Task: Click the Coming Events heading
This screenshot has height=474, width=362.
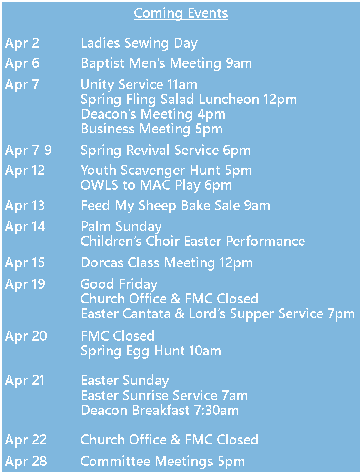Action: [181, 14]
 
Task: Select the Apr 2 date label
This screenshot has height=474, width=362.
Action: [22, 43]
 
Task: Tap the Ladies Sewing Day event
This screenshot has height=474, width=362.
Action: [139, 43]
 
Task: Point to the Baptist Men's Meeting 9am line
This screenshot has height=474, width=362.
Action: [167, 64]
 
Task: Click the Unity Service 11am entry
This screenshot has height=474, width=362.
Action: [139, 85]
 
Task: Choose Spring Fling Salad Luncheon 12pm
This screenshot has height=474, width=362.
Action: [189, 100]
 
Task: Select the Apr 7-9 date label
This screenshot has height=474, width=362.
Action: [29, 151]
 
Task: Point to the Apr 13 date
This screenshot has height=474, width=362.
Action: [25, 206]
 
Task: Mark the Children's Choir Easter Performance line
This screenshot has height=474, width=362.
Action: [193, 241]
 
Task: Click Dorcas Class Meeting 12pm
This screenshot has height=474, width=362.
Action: [167, 263]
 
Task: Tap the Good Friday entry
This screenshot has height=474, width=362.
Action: [119, 284]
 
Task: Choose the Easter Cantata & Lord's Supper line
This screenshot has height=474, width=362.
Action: [218, 314]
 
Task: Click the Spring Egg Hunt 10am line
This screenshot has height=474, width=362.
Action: [151, 351]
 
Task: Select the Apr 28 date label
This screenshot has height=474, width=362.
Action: [26, 462]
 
